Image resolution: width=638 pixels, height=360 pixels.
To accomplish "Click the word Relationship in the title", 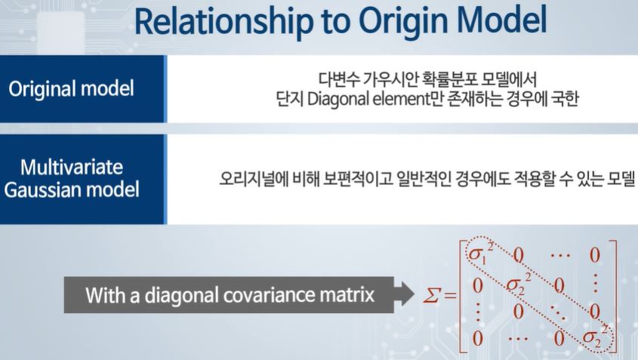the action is pos(223,21).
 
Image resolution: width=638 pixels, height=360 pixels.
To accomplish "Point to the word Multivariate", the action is pos(72,167).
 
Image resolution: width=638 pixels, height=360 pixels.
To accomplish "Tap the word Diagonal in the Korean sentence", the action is pos(337,99).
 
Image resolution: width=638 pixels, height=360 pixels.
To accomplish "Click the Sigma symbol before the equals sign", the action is pos(432,295).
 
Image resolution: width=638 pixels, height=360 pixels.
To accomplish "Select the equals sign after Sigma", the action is pos(450,295).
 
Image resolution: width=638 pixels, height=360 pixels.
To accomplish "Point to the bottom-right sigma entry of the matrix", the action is pos(595,337).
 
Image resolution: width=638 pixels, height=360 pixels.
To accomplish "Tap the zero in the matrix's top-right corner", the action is pos(594,255).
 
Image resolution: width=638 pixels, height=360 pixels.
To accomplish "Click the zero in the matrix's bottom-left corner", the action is pos(478,338).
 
